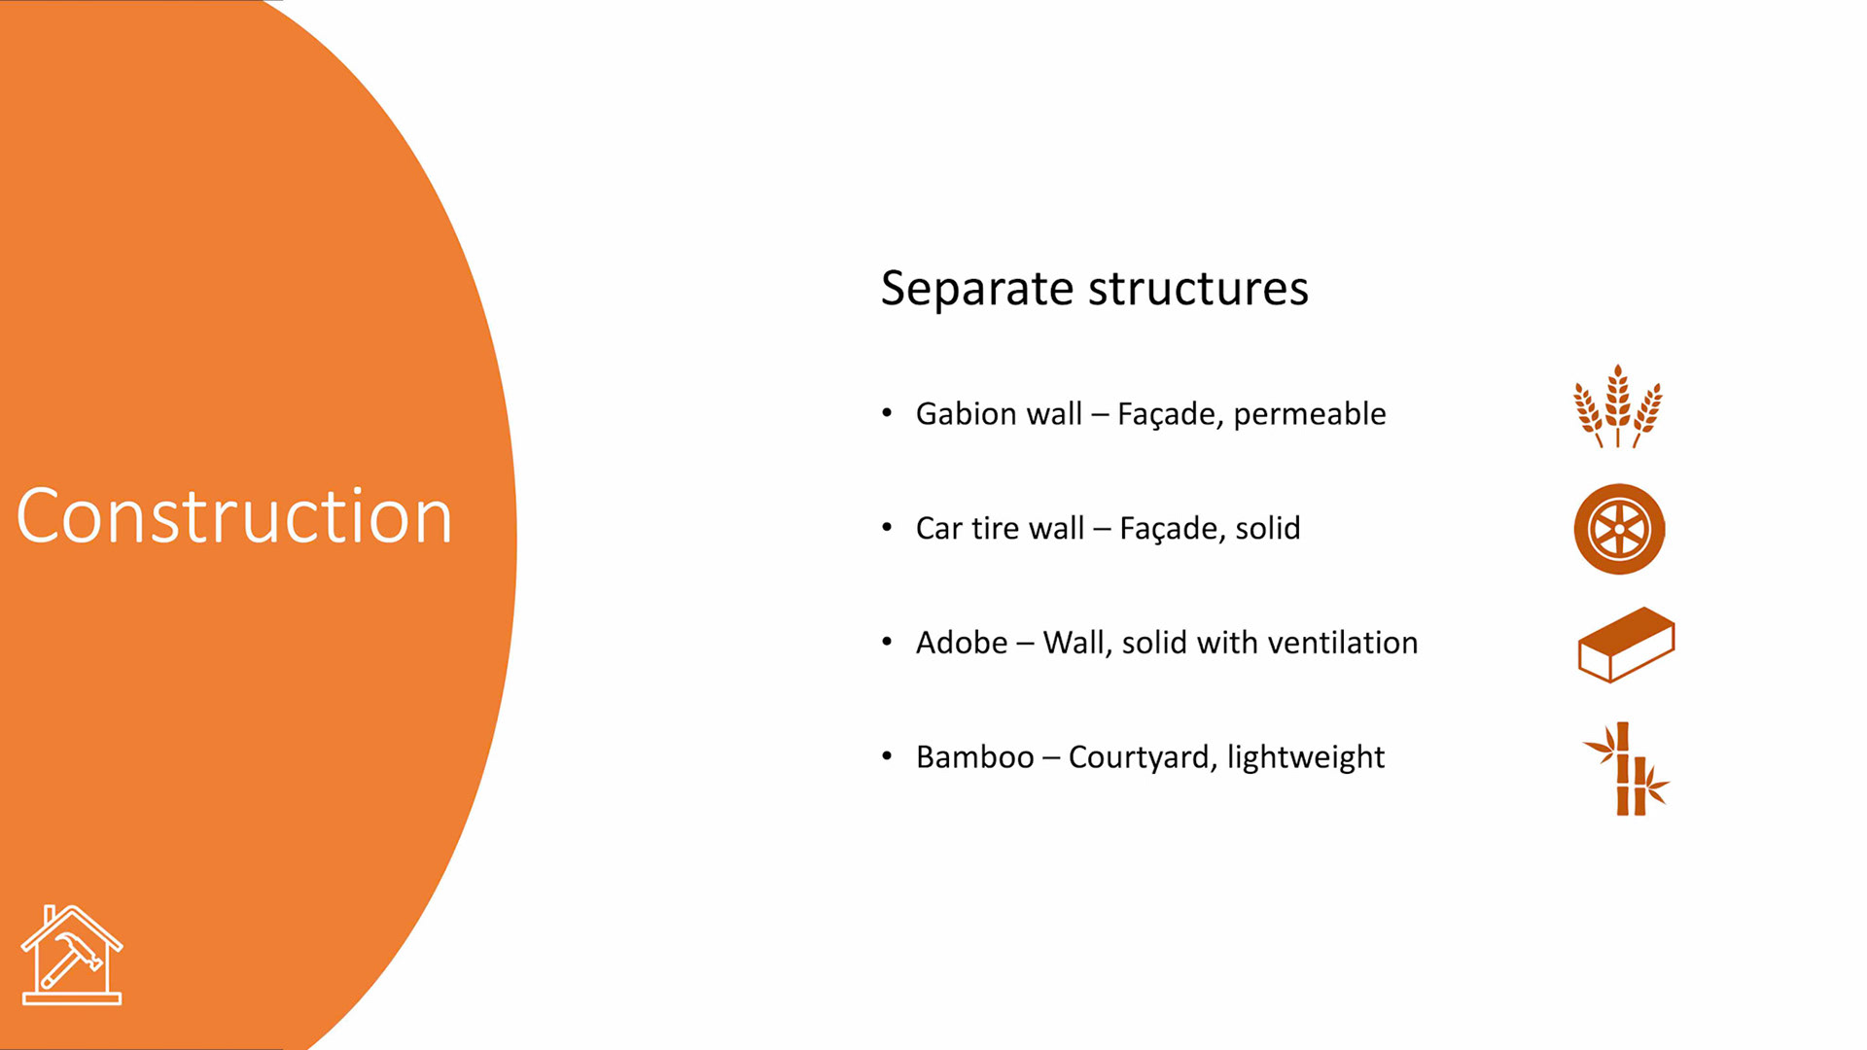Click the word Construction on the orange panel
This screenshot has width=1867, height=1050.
click(x=234, y=516)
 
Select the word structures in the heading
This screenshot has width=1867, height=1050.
click(x=1198, y=289)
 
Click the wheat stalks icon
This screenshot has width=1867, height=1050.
click(x=1618, y=406)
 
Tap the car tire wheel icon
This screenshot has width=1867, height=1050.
click(x=1619, y=529)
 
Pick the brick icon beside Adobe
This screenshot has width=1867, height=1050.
click(x=1625, y=644)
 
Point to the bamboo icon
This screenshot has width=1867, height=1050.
click(x=1626, y=769)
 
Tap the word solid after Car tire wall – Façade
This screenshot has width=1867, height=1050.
click(x=1267, y=529)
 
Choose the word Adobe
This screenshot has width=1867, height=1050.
click(x=962, y=643)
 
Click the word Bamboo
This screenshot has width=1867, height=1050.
click(x=974, y=757)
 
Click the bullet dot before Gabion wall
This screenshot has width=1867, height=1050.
click(x=887, y=413)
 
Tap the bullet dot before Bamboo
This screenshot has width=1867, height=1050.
click(x=887, y=756)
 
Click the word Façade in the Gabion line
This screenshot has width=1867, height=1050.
click(x=1170, y=415)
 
